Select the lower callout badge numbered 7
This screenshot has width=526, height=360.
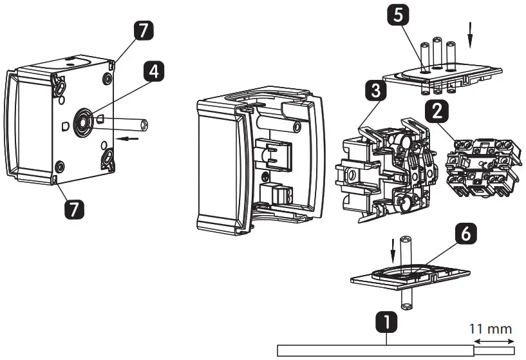click(73, 208)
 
